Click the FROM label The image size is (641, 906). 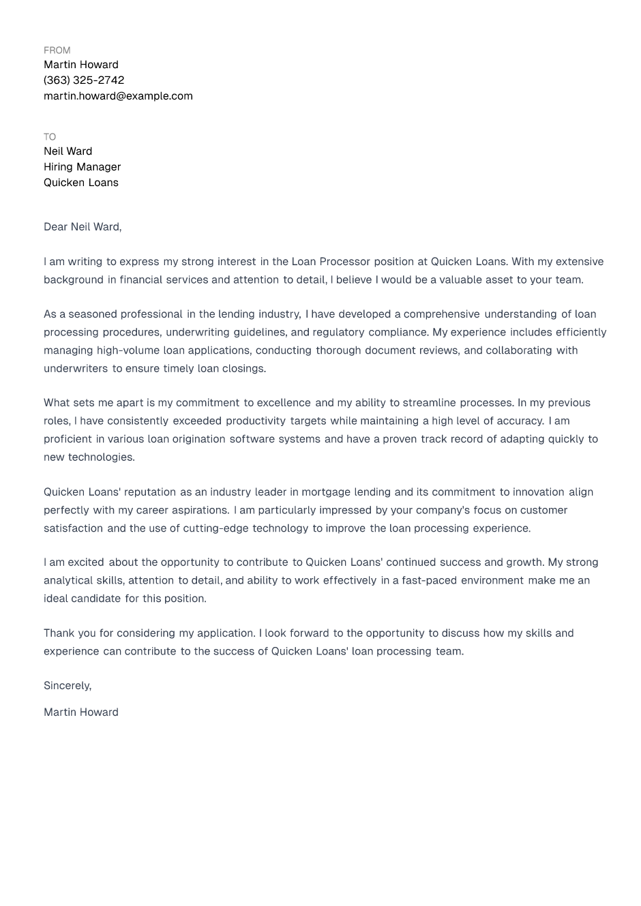pyautogui.click(x=57, y=50)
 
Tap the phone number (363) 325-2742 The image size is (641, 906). pyautogui.click(x=84, y=80)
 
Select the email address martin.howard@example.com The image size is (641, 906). pyautogui.click(x=118, y=96)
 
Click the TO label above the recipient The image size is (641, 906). pyautogui.click(x=50, y=137)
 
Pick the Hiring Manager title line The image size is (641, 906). pyautogui.click(x=82, y=167)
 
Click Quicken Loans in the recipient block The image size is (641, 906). pyautogui.click(x=81, y=183)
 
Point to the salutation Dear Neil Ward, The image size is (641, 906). pyautogui.click(x=83, y=227)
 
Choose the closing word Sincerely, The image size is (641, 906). pyautogui.click(x=68, y=686)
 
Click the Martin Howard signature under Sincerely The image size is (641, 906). pyautogui.click(x=81, y=712)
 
